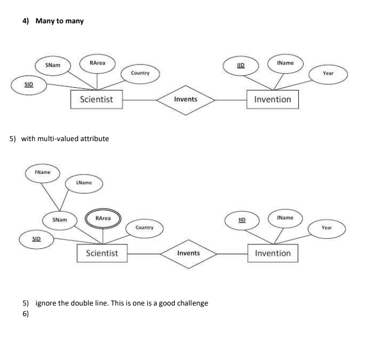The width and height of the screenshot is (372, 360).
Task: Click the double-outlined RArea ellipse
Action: (103, 219)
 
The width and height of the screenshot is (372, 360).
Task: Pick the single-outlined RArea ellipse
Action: (97, 64)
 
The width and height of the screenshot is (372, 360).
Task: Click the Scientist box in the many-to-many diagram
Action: (96, 99)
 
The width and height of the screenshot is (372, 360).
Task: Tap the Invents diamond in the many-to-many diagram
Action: (185, 99)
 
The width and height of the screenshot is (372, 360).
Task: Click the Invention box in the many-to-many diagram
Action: (272, 99)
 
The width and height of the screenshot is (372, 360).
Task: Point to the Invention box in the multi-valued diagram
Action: (273, 253)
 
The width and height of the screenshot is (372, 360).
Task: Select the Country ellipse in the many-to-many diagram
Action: (139, 73)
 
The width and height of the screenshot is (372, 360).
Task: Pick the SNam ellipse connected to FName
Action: (60, 220)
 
